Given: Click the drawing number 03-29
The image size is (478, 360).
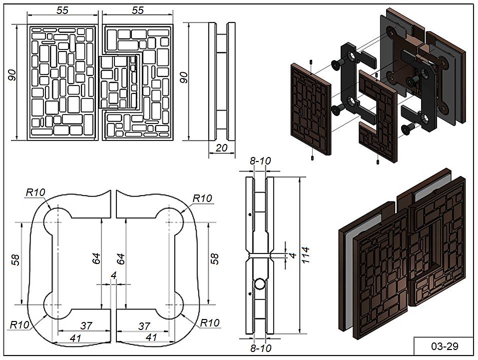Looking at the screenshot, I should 444,345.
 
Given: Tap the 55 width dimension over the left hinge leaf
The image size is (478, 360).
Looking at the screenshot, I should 62,10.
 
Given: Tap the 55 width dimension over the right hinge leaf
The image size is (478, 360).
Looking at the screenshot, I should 138,10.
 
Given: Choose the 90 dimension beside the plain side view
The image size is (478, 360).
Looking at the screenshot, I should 184,77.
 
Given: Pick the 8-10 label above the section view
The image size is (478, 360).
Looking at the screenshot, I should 260,161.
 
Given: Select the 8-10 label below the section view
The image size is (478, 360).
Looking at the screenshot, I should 260,347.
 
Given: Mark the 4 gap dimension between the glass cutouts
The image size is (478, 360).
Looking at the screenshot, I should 113,275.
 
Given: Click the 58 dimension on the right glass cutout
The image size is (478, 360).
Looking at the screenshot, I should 214,258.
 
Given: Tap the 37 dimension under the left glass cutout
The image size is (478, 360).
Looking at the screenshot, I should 86,326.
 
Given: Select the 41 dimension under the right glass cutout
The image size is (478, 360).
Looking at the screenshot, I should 151,337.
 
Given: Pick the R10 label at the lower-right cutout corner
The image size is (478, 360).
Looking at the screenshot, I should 210,322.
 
